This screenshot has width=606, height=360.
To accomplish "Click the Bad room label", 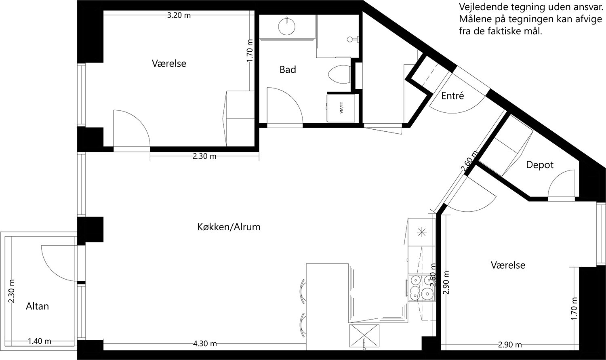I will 288,69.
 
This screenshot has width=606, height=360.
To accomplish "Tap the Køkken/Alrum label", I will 229,227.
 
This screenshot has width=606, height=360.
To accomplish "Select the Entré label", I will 452,96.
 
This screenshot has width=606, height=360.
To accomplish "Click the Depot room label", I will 540,165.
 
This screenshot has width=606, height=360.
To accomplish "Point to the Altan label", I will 37,306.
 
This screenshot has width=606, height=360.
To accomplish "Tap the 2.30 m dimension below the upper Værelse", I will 204,156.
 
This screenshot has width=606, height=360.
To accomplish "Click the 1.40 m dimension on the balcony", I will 40,341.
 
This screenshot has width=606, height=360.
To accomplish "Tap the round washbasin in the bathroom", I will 287,25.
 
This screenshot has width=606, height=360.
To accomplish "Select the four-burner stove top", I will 421,288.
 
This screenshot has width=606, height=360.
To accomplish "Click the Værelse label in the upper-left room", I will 169,63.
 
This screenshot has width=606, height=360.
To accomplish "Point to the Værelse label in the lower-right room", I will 508,265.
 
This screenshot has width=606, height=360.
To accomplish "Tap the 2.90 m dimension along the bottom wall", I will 509,345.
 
